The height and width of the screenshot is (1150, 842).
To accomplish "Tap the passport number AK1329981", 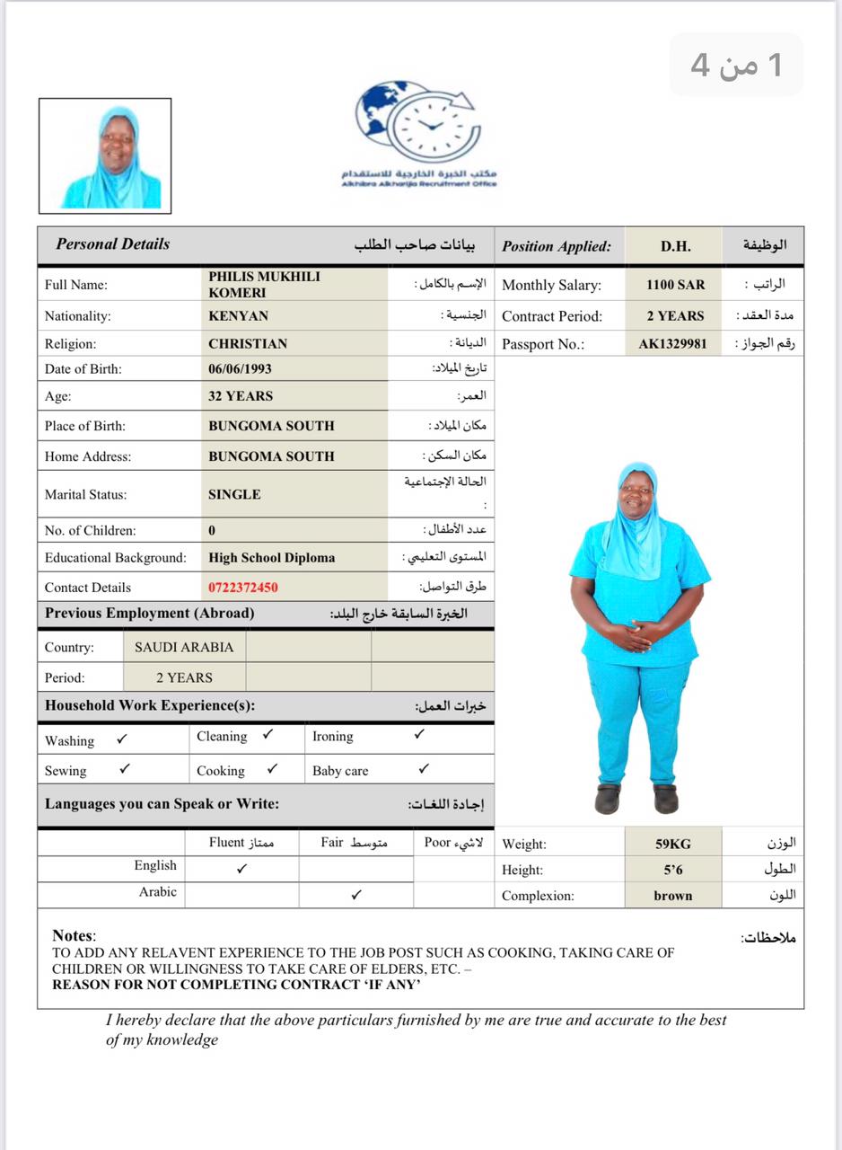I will pyautogui.click(x=672, y=344).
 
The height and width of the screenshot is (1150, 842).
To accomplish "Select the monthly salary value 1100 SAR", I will pyautogui.click(x=675, y=285).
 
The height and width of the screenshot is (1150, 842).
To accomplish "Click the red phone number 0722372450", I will pyautogui.click(x=243, y=588).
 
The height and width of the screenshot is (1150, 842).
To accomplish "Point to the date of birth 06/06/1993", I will pyautogui.click(x=240, y=369).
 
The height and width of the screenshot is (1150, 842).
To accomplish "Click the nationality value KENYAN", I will pyautogui.click(x=238, y=316).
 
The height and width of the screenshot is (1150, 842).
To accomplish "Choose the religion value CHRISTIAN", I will pyautogui.click(x=248, y=344).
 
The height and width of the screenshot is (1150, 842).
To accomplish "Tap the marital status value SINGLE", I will pyautogui.click(x=234, y=495).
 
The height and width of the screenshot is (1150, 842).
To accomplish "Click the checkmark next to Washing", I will pyautogui.click(x=122, y=739).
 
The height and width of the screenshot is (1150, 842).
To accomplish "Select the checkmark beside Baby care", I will pyautogui.click(x=424, y=769).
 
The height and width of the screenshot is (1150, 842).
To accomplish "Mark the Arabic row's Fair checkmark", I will pyautogui.click(x=356, y=895).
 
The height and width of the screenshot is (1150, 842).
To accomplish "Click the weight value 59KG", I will pyautogui.click(x=673, y=845).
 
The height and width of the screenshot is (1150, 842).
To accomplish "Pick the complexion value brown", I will pyautogui.click(x=673, y=896).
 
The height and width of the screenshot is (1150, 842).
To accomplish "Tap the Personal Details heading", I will pyautogui.click(x=112, y=244).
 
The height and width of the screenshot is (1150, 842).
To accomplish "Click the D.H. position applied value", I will pyautogui.click(x=675, y=246).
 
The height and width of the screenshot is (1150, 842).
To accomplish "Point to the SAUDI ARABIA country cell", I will pyautogui.click(x=184, y=648).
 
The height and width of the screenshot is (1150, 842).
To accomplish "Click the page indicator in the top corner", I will pyautogui.click(x=736, y=65).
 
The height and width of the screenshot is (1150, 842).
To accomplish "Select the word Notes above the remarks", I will pyautogui.click(x=73, y=936).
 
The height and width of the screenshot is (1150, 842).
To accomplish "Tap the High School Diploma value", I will pyautogui.click(x=271, y=558).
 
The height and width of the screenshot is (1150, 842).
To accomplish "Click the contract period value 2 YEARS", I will pyautogui.click(x=675, y=316).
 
